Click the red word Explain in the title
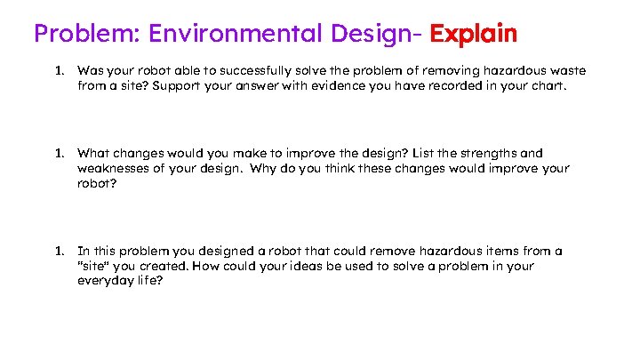click(473, 34)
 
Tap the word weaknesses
click(113, 168)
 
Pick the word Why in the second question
click(263, 168)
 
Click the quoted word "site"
click(94, 266)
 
